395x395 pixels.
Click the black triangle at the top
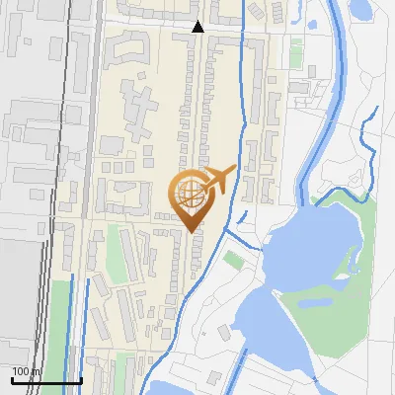(x=197, y=28)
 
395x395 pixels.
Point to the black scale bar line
(x=45, y=381)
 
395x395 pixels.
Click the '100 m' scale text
(x=27, y=371)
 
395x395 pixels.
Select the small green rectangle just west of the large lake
(x=234, y=260)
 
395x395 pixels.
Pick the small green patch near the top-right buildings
(x=296, y=49)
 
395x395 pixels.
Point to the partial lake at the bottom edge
(x=178, y=388)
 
